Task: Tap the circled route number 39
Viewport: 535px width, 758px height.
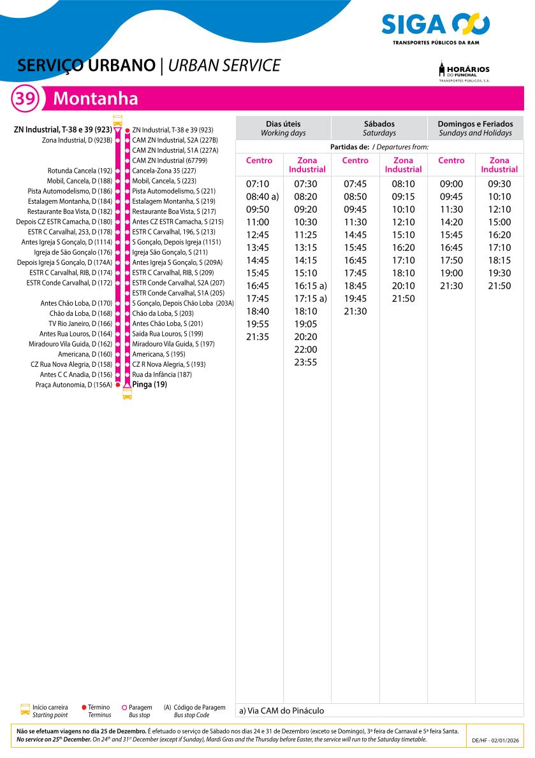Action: tap(26, 99)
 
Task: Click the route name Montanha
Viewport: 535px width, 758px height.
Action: tap(96, 99)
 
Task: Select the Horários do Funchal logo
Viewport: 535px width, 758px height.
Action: tap(464, 71)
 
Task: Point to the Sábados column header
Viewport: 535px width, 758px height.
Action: tap(379, 128)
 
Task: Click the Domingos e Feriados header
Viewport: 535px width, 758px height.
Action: tap(475, 128)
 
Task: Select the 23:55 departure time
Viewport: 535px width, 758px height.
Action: tap(305, 362)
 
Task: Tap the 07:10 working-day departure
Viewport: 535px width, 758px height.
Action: tap(258, 184)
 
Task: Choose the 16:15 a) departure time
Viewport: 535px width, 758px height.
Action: tap(311, 286)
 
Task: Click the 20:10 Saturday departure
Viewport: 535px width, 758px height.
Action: tap(403, 286)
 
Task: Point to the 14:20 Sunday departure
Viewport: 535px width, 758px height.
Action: tap(451, 222)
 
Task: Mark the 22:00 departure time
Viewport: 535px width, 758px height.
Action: tap(305, 350)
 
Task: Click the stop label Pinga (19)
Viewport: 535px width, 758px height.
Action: tap(149, 384)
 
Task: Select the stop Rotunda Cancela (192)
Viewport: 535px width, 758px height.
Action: tap(80, 171)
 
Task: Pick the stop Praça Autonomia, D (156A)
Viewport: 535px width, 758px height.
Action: tap(73, 385)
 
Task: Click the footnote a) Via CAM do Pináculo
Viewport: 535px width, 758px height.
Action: tap(282, 710)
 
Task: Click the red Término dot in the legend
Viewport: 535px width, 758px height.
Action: tap(84, 707)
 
